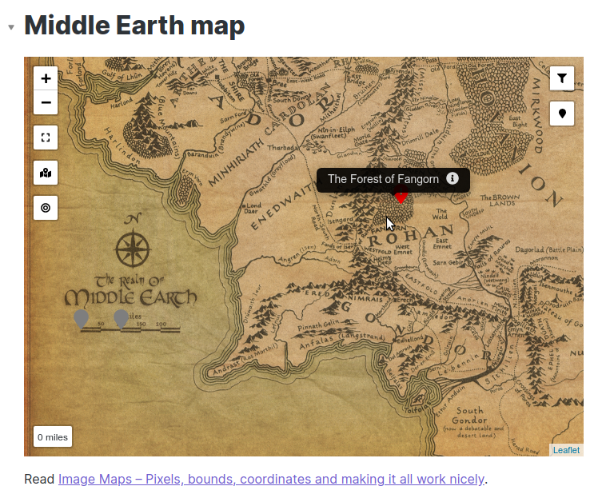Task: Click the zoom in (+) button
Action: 46,78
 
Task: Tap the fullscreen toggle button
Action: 46,137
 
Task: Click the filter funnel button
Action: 562,78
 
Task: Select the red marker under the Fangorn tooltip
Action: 401,196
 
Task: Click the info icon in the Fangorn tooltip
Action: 453,178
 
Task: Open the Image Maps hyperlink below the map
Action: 271,479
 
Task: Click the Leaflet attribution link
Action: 566,450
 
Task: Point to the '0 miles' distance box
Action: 53,437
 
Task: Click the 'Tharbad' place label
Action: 283,147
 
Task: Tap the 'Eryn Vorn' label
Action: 190,175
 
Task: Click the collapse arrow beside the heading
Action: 11,27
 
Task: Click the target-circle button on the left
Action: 46,208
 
